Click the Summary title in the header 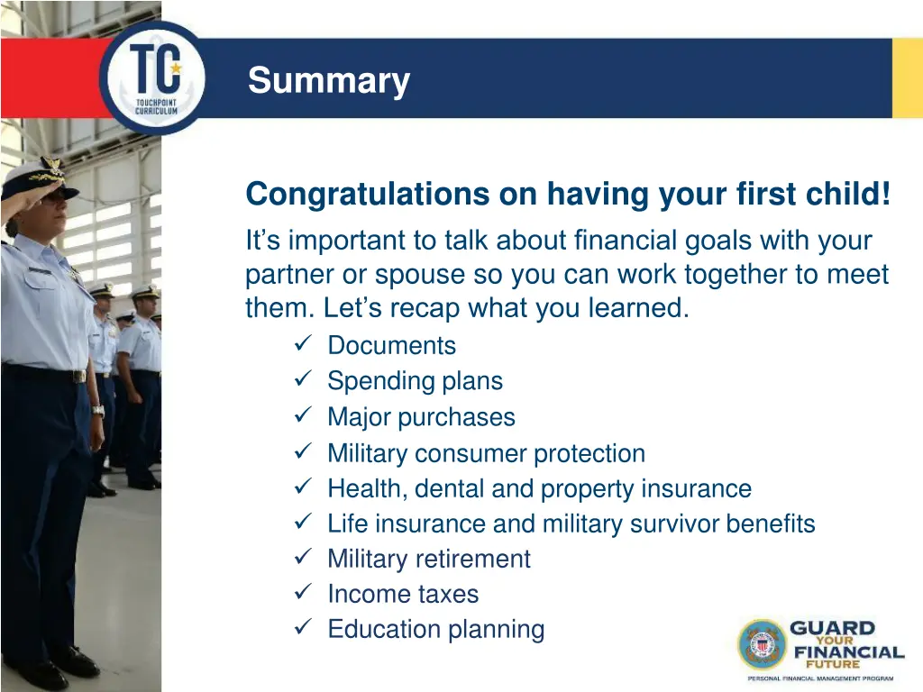[329, 81]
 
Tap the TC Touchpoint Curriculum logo [153, 79]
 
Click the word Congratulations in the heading [366, 194]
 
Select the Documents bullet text [391, 345]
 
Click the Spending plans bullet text [415, 380]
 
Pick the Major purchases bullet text [421, 417]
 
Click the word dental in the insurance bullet [457, 488]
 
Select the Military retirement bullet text [428, 559]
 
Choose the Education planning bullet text [435, 629]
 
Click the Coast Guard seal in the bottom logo [763, 644]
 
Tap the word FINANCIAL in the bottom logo [846, 651]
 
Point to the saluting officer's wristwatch [97, 410]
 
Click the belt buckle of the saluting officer [79, 376]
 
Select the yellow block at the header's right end [907, 78]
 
